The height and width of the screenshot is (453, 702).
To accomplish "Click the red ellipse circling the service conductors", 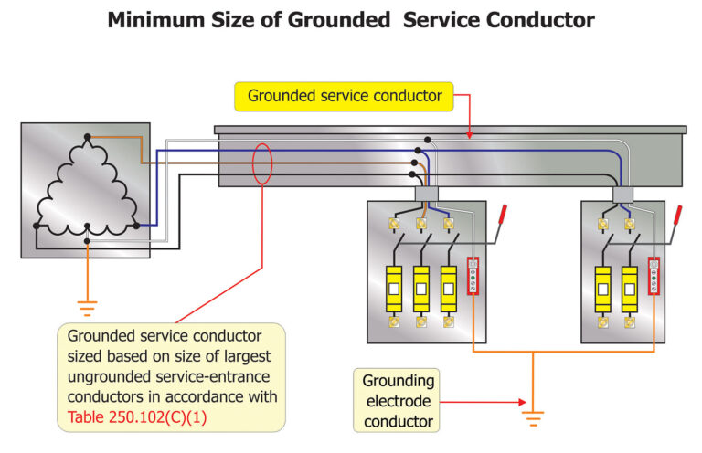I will click(x=262, y=163).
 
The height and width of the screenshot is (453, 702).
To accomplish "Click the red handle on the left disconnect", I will click(x=502, y=218).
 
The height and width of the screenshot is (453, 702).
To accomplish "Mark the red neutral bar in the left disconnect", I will click(x=473, y=277).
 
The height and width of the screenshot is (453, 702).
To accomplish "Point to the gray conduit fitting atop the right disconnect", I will click(x=623, y=194).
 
